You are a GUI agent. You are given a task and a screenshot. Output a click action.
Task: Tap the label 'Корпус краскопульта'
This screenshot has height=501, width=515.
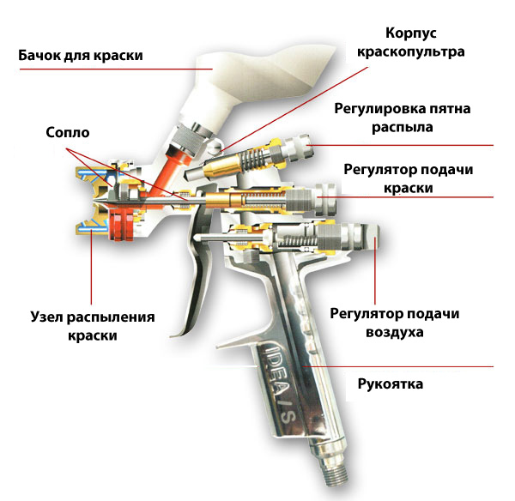point(409,42)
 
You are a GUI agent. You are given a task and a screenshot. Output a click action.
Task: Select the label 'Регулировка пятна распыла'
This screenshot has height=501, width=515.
point(402,118)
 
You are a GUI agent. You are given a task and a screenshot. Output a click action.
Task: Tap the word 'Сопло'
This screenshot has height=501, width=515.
point(67,134)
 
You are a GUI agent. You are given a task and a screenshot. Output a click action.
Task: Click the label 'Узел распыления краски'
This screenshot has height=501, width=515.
point(91,326)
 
